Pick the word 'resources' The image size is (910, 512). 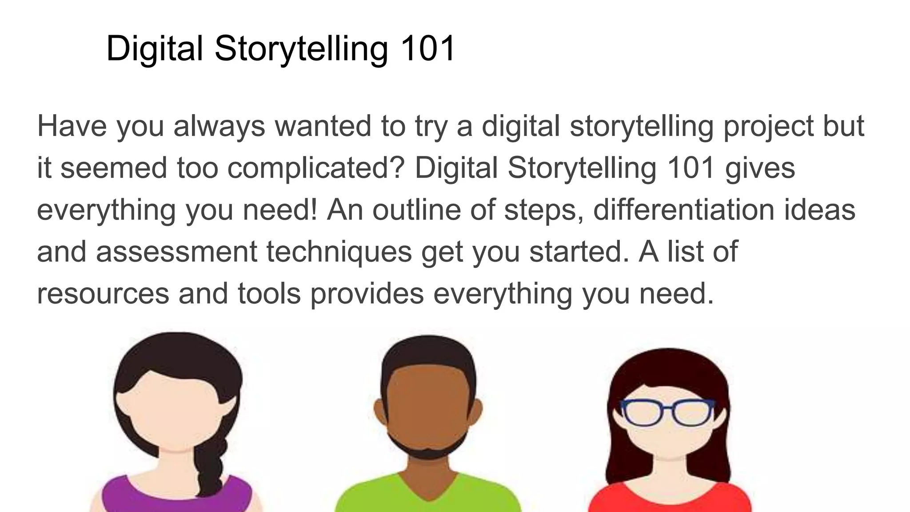(103, 294)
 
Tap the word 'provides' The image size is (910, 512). (367, 294)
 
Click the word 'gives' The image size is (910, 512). (759, 168)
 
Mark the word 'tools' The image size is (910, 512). (269, 294)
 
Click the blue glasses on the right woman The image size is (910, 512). (667, 412)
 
